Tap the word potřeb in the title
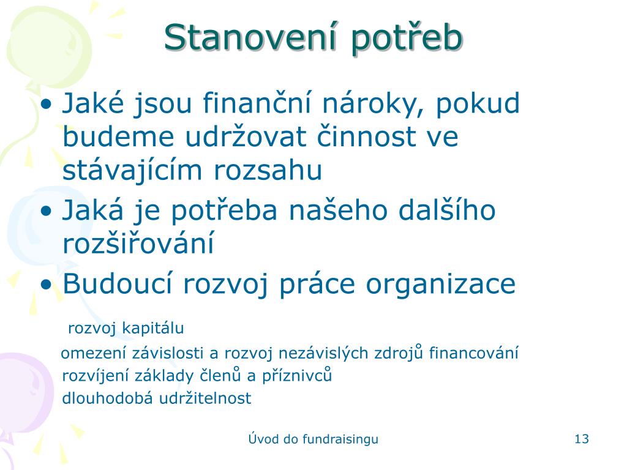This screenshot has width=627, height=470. tap(407, 39)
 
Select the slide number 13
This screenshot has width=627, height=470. tap(582, 439)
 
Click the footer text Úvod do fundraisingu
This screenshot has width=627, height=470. tap(313, 439)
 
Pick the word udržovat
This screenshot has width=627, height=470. tap(246, 136)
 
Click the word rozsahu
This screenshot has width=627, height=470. tap(268, 170)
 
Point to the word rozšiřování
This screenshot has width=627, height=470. tap(138, 242)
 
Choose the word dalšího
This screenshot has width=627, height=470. tap(447, 209)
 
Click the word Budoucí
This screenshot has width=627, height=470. tap(118, 284)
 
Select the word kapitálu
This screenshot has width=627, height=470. tap(152, 329)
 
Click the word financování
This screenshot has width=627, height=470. tap(474, 353)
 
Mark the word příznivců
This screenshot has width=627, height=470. tap(297, 376)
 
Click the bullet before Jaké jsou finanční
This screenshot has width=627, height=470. tap(47, 105)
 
